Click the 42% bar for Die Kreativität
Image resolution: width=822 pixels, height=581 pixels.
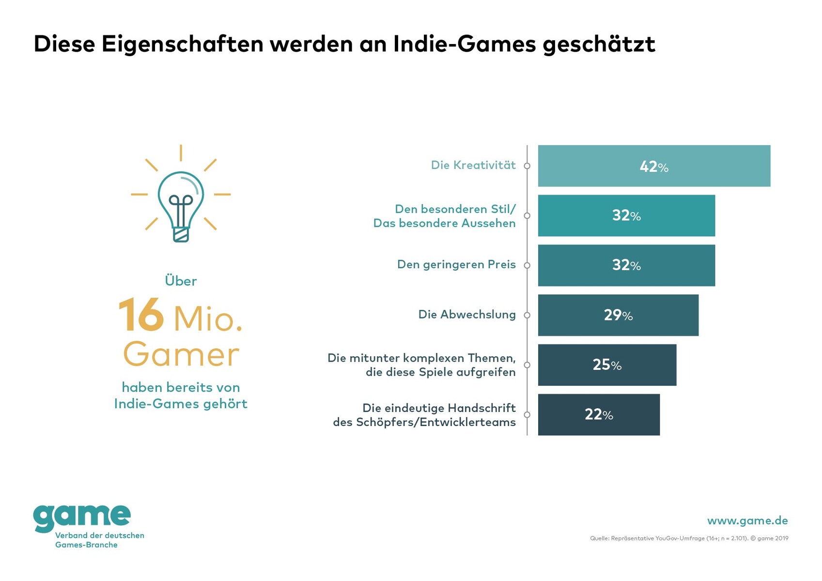point(653,166)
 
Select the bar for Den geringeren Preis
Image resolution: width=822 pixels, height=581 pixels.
point(626,265)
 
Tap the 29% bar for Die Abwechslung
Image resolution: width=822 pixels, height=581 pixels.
point(618,315)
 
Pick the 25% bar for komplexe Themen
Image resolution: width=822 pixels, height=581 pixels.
point(607,365)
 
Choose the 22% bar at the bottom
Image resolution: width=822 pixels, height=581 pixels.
point(599,415)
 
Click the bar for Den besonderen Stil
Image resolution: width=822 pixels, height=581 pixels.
point(626,216)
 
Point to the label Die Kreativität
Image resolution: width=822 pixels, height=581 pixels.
point(473,166)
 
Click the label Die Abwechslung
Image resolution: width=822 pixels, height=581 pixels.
point(466,315)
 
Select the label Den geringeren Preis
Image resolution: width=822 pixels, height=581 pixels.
point(456,265)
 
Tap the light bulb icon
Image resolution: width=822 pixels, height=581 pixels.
point(181,199)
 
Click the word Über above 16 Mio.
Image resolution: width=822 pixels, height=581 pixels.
point(181,281)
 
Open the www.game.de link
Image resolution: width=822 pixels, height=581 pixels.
point(747,521)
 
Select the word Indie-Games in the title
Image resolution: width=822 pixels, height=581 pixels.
point(464,44)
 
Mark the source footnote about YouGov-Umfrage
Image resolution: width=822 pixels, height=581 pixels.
point(689,538)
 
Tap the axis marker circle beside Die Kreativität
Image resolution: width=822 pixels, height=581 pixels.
point(527,166)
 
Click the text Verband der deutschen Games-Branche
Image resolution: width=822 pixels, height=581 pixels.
point(99,540)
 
